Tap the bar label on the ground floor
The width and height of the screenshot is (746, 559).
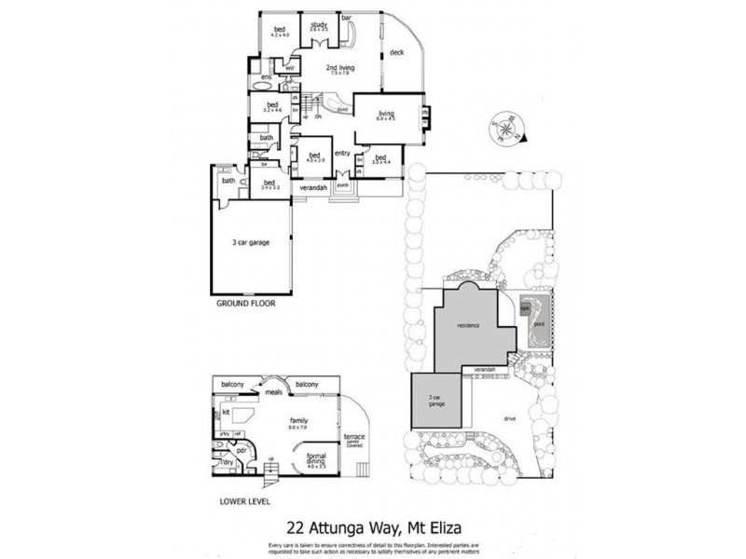tap(346, 17)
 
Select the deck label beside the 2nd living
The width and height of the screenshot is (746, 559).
tap(395, 52)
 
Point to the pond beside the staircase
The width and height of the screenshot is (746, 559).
tap(342, 108)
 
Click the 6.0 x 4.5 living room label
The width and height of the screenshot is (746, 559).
tap(386, 115)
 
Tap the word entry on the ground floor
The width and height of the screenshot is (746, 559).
tap(341, 153)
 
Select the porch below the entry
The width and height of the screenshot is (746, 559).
tap(342, 184)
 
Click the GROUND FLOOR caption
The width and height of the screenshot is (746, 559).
tap(246, 304)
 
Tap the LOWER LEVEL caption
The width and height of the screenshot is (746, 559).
tap(244, 501)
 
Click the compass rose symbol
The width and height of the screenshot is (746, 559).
tap(504, 127)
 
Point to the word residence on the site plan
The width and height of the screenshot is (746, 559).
tap(468, 326)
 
